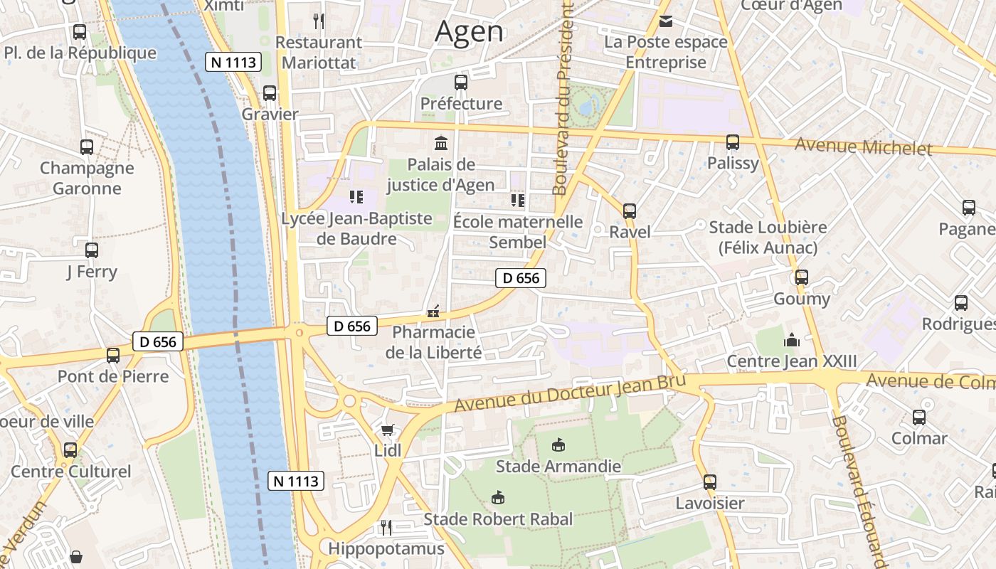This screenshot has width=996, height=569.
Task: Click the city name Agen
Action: click(469, 31)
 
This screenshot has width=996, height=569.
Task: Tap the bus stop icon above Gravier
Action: click(270, 92)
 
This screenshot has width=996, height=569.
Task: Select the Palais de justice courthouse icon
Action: click(441, 143)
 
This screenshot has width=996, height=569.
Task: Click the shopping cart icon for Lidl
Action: click(387, 430)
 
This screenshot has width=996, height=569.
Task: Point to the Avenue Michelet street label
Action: click(863, 147)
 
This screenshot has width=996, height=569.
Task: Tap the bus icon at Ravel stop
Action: click(630, 211)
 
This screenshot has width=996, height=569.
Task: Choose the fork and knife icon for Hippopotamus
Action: click(386, 527)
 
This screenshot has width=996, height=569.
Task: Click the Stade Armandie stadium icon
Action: click(558, 445)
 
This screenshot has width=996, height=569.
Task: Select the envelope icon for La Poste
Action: click(666, 21)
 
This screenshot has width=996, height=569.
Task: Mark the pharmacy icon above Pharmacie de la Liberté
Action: click(433, 311)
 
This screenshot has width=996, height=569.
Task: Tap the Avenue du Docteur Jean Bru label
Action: click(569, 393)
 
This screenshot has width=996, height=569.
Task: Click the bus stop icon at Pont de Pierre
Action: click(113, 355)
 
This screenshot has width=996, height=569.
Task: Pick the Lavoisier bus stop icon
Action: click(709, 482)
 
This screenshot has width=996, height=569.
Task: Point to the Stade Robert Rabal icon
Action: click(498, 497)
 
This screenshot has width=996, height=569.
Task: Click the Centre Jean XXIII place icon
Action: click(791, 340)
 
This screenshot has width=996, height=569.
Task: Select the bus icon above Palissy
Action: click(733, 142)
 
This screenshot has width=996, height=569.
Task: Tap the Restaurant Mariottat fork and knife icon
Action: click(319, 21)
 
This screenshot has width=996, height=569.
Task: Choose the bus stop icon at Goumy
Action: click(802, 277)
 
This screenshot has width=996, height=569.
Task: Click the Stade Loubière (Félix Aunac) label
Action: click(768, 238)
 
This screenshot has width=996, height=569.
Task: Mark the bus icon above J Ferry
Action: click(92, 250)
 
